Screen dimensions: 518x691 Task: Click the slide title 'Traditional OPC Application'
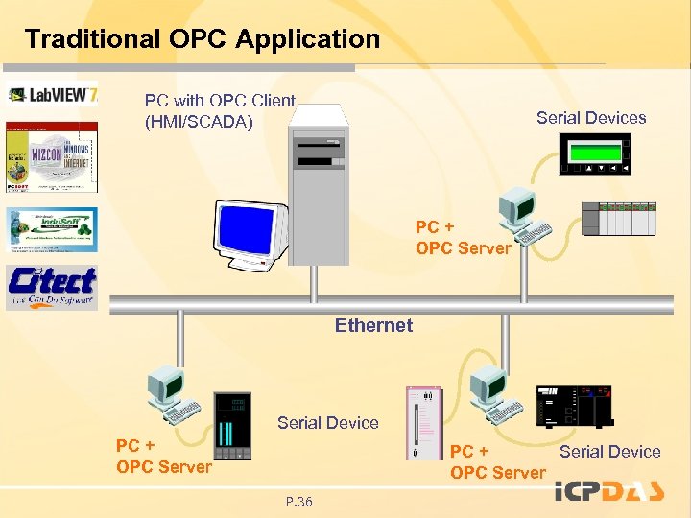coord(202,39)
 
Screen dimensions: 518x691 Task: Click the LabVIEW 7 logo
coord(53,94)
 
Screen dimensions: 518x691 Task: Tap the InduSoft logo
coord(53,229)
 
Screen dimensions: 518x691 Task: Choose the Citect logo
coord(52,286)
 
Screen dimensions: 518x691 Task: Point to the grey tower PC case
coord(321,182)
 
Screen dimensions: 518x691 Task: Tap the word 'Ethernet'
coord(373,325)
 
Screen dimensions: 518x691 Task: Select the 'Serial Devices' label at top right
coord(591,118)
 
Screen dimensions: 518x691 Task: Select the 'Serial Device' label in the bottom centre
coord(328,422)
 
